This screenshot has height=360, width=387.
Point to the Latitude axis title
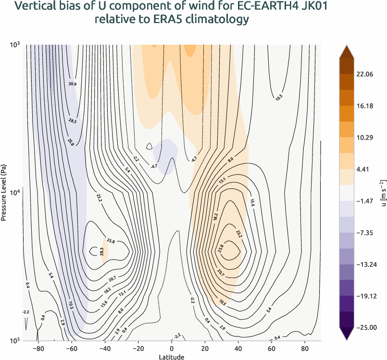point(172,357)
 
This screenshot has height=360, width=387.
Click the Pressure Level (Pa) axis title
point(4,192)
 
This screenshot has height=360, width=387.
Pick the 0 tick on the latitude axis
point(172,348)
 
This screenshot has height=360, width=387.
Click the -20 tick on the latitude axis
point(137,348)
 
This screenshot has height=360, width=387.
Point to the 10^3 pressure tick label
point(14,45)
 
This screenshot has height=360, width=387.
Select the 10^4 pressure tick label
point(14,193)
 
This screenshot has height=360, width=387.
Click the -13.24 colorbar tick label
point(368,264)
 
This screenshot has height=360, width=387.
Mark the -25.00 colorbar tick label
point(368,327)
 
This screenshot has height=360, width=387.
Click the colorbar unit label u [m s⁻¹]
point(383,192)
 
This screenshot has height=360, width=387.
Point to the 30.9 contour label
point(73,84)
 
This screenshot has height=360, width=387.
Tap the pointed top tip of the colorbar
point(348,44)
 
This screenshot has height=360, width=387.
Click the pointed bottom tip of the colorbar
point(348,341)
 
